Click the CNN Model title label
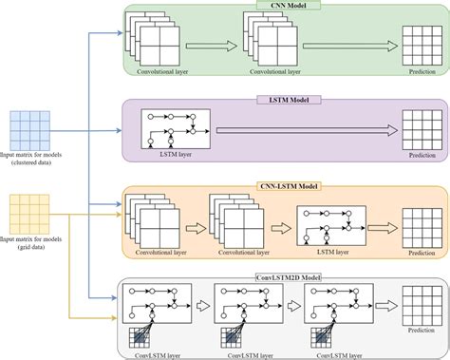(286, 6)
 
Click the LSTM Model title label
(285, 98)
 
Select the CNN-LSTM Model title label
(285, 188)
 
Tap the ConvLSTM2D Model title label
(285, 276)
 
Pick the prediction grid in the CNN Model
(420, 44)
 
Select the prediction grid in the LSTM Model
(420, 128)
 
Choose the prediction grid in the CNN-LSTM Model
(420, 226)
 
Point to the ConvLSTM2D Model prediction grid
(420, 304)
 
